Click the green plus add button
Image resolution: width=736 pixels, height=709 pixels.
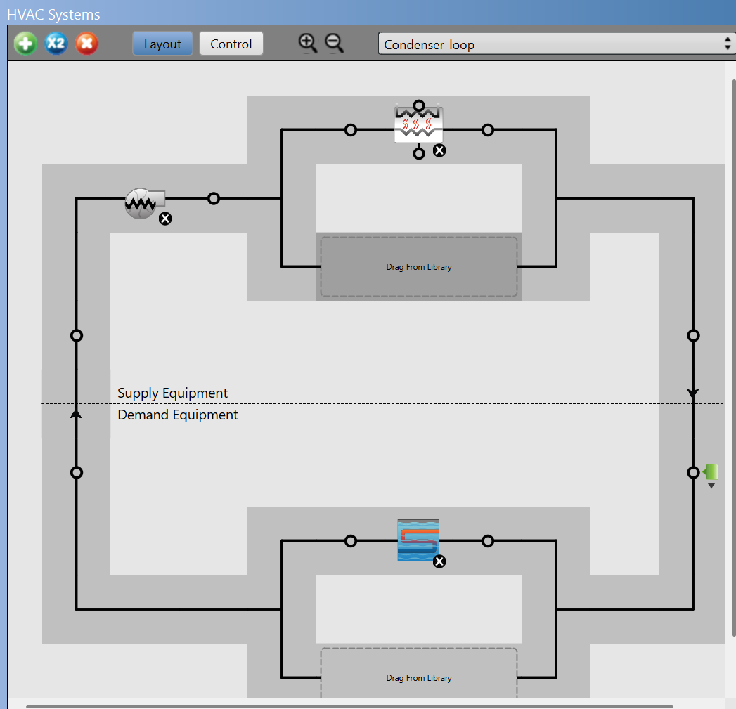[25, 44]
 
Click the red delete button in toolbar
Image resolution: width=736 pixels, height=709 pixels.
[86, 44]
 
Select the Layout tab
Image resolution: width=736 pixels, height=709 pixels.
[162, 44]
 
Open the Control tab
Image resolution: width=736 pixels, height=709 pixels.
[231, 44]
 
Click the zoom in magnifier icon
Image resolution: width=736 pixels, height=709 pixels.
[308, 44]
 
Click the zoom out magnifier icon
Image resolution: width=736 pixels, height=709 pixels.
[335, 44]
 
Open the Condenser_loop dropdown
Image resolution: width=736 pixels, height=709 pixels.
[555, 44]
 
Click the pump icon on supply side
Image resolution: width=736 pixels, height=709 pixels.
[143, 202]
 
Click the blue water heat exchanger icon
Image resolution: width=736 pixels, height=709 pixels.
[418, 540]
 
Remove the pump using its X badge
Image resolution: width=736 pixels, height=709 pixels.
[165, 219]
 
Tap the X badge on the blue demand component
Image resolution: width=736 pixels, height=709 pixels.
[439, 561]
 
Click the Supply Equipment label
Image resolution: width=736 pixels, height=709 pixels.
[172, 393]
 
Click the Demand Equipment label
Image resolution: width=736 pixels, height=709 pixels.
[177, 415]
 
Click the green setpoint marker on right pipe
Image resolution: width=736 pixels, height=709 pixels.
[710, 471]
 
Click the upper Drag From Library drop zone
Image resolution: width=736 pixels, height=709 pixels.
[419, 267]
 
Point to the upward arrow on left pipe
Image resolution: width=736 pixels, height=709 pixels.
[77, 414]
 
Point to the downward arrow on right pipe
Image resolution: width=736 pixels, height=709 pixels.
[693, 393]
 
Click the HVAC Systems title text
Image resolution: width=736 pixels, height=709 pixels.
[53, 14]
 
